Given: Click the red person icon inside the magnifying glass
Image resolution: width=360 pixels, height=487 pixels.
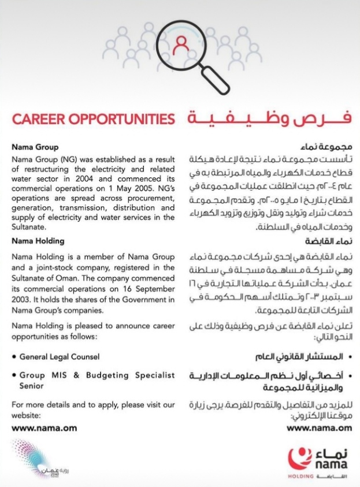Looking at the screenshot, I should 181,43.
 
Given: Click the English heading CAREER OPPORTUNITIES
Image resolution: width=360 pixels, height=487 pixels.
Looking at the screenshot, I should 94,120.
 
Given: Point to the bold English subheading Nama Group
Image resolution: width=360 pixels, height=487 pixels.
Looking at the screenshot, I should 35,147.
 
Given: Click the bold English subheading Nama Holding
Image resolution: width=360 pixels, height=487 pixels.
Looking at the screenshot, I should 38,241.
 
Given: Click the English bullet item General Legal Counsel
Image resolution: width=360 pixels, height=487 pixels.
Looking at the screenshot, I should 59,356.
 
